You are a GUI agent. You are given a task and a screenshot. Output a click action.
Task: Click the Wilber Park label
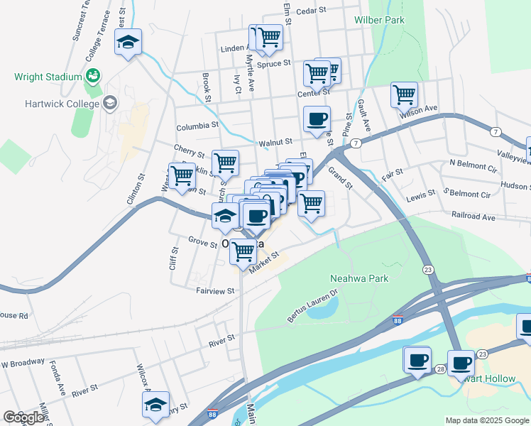(380, 20)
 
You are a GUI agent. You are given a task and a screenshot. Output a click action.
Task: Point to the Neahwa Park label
(359, 278)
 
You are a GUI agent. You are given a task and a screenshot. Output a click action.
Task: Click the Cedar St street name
(310, 11)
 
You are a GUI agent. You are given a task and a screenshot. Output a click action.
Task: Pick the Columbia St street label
(197, 126)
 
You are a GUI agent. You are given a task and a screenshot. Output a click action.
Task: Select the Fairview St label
(215, 291)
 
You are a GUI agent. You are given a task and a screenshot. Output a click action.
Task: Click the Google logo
(23, 417)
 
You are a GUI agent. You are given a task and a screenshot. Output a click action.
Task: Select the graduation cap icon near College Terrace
(128, 41)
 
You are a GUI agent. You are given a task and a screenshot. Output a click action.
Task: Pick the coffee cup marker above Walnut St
(317, 119)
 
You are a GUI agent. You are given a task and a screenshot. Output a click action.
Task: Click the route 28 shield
(440, 370)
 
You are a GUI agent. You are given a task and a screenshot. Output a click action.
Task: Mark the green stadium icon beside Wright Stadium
(92, 75)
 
